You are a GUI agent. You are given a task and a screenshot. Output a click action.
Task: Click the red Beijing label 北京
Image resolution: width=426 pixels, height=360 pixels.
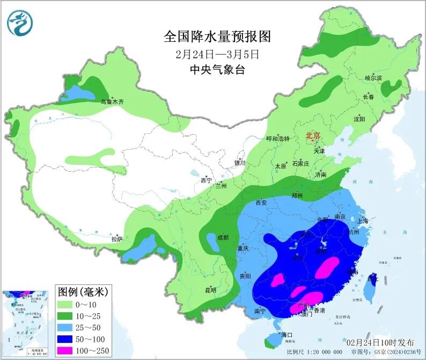point(312,136)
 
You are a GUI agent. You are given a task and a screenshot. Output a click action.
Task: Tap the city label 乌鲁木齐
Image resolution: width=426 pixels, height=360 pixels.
point(112,101)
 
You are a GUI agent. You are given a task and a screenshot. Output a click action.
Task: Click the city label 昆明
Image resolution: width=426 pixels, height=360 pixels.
point(210,290)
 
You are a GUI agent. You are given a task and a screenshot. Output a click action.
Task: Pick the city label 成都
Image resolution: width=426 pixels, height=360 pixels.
point(223,237)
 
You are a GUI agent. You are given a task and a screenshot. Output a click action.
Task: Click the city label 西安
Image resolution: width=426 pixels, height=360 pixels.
point(261,203)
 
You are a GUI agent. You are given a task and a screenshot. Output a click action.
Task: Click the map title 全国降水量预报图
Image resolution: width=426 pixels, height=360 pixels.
point(217,36)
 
